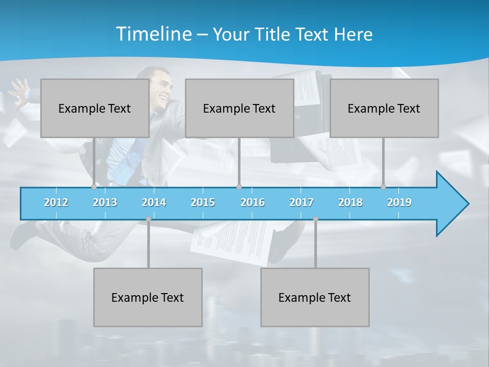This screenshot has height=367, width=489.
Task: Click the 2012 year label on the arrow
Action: pyautogui.click(x=56, y=202)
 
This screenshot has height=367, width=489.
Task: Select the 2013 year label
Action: pyautogui.click(x=105, y=202)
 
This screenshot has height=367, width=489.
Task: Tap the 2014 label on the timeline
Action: pyautogui.click(x=154, y=202)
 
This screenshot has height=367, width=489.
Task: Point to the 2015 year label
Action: pyautogui.click(x=203, y=202)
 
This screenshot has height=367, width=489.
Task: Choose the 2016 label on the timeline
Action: pyautogui.click(x=253, y=202)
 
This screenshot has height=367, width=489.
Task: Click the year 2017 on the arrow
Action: pyautogui.click(x=302, y=202)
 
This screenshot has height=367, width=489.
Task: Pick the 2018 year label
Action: pyautogui.click(x=350, y=202)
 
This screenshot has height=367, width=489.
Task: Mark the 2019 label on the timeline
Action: pyautogui.click(x=399, y=202)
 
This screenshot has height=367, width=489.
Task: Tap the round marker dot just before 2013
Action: pyautogui.click(x=94, y=187)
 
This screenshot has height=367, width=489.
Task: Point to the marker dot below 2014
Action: pyautogui.click(x=148, y=219)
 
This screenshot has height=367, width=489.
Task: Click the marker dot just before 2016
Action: pyautogui.click(x=239, y=187)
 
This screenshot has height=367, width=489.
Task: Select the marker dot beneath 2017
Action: pyautogui.click(x=315, y=219)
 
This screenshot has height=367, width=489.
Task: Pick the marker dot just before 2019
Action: pyautogui.click(x=384, y=187)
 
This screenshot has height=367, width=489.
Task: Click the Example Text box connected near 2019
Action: pyautogui.click(x=384, y=108)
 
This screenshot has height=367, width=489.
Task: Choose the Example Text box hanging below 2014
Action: pyautogui.click(x=148, y=297)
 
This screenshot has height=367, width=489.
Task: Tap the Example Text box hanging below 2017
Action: pyautogui.click(x=315, y=297)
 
